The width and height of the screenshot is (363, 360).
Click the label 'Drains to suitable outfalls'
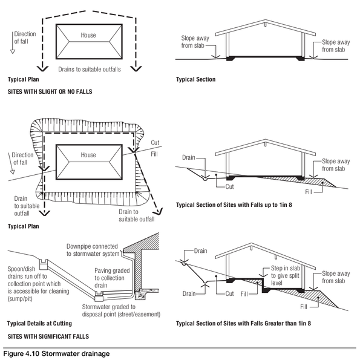coord(89,70)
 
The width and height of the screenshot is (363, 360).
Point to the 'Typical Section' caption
coord(195,80)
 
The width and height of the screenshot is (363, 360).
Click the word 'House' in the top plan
coord(88,36)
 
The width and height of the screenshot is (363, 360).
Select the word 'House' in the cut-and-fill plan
coord(88,155)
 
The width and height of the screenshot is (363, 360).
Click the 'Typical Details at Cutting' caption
coord(40,323)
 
